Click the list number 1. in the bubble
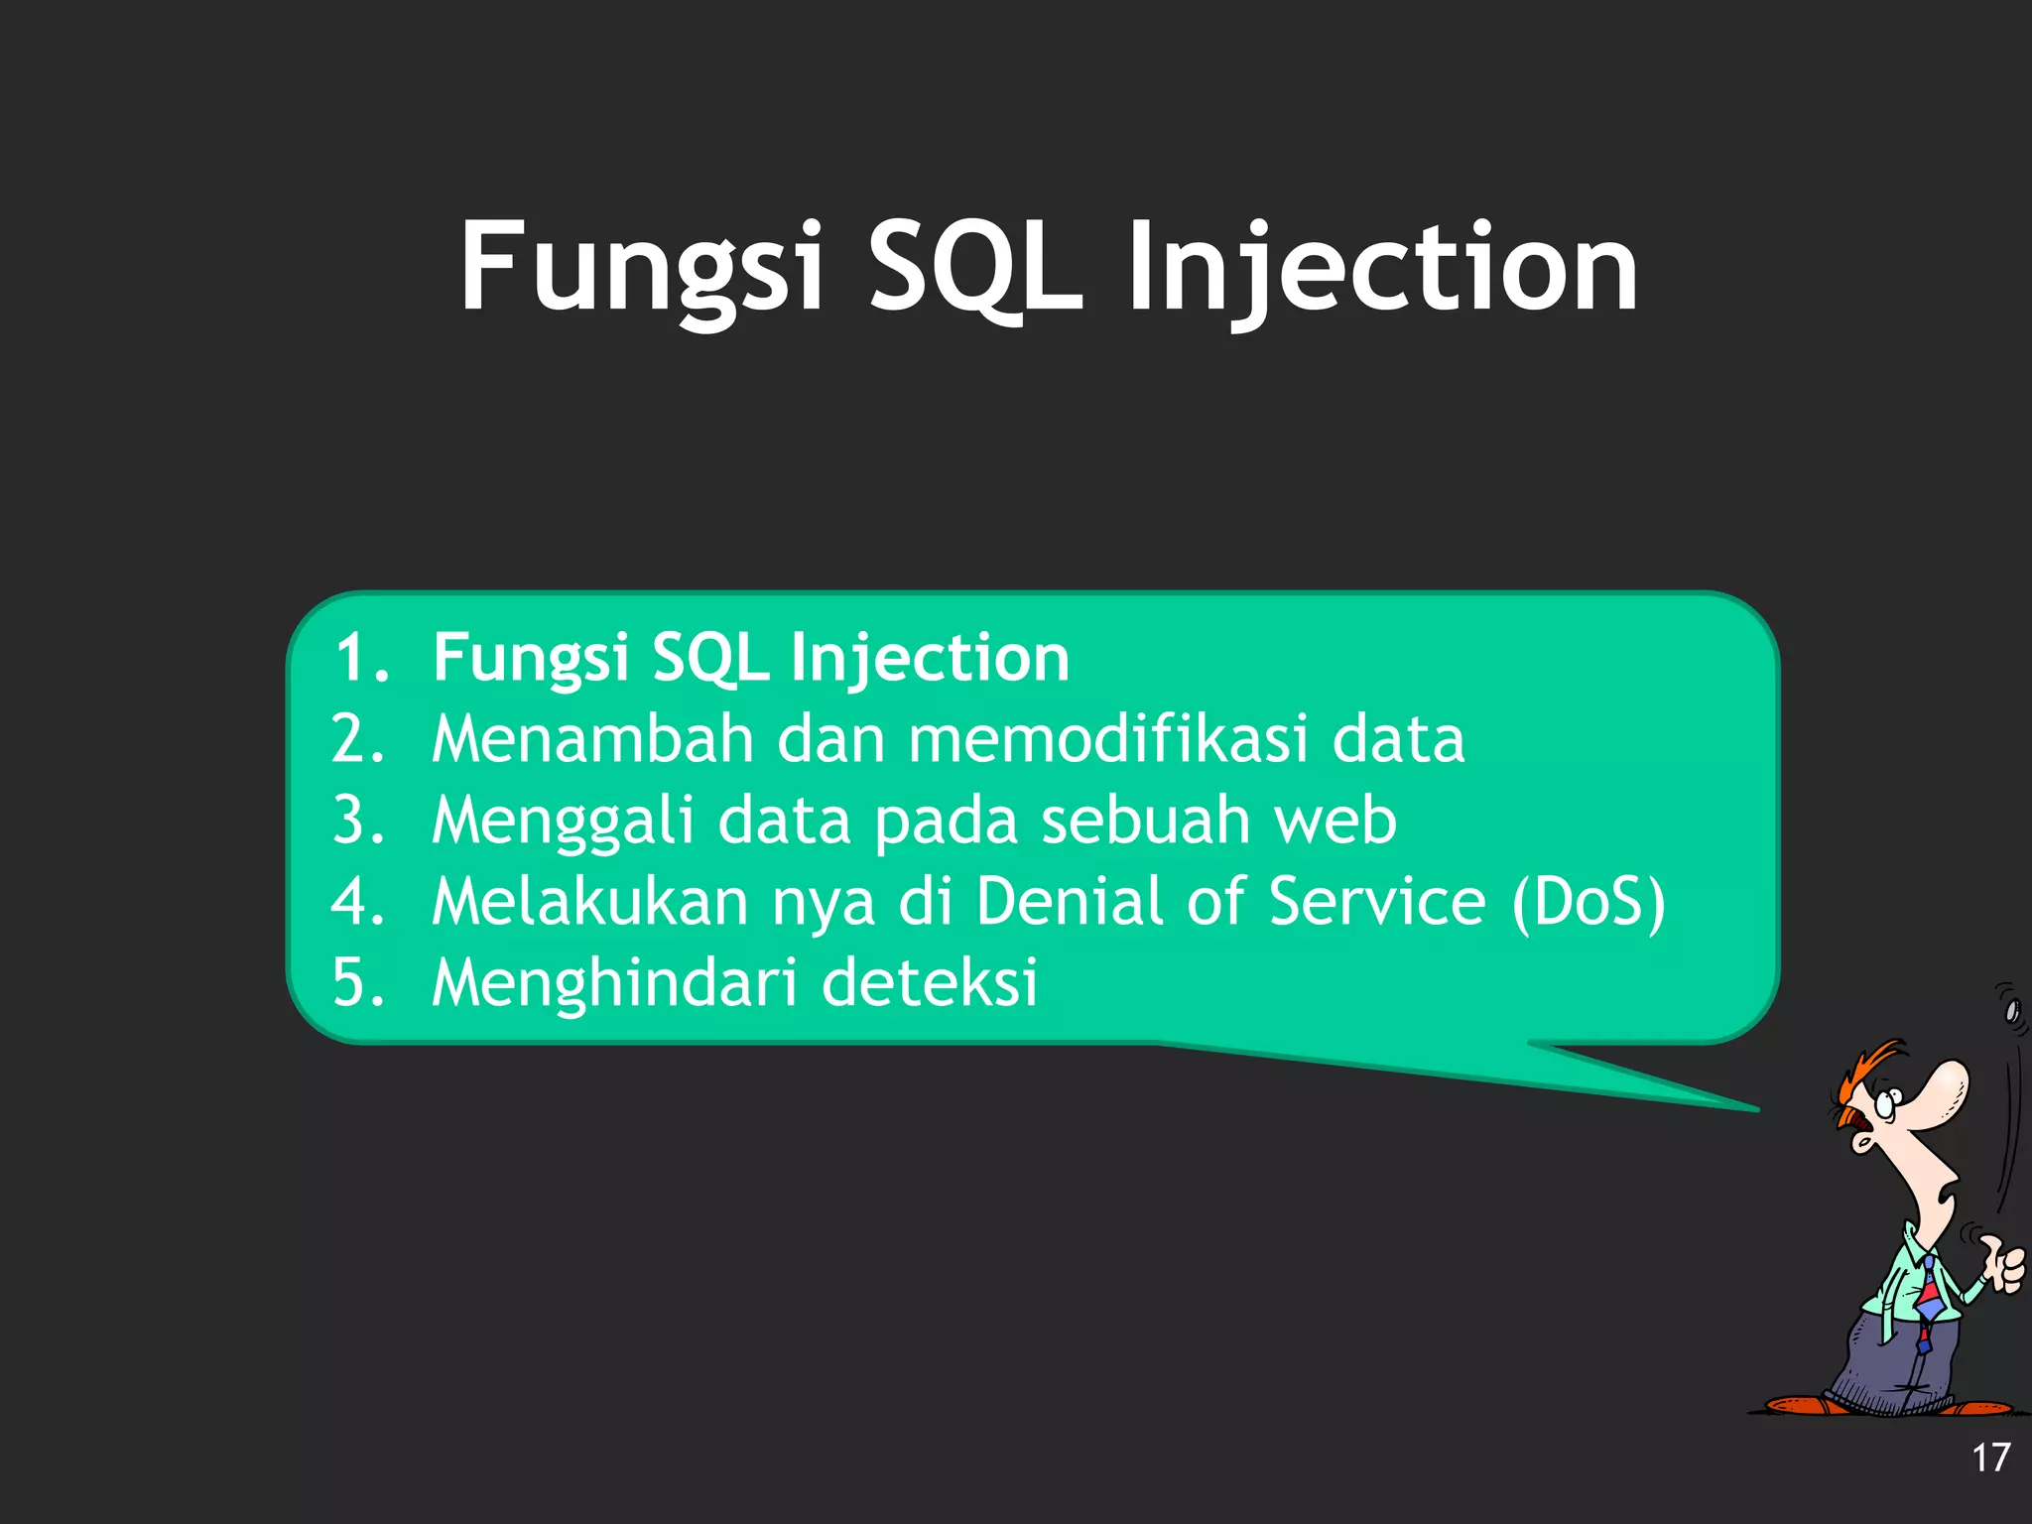pos(361,658)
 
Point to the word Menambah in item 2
pos(592,739)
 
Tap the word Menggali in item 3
pos(563,822)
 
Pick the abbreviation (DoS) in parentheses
pos(1587,903)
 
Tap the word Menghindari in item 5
pos(614,983)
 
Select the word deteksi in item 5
pos(930,983)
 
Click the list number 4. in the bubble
pos(358,903)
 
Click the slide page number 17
pos(1989,1458)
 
